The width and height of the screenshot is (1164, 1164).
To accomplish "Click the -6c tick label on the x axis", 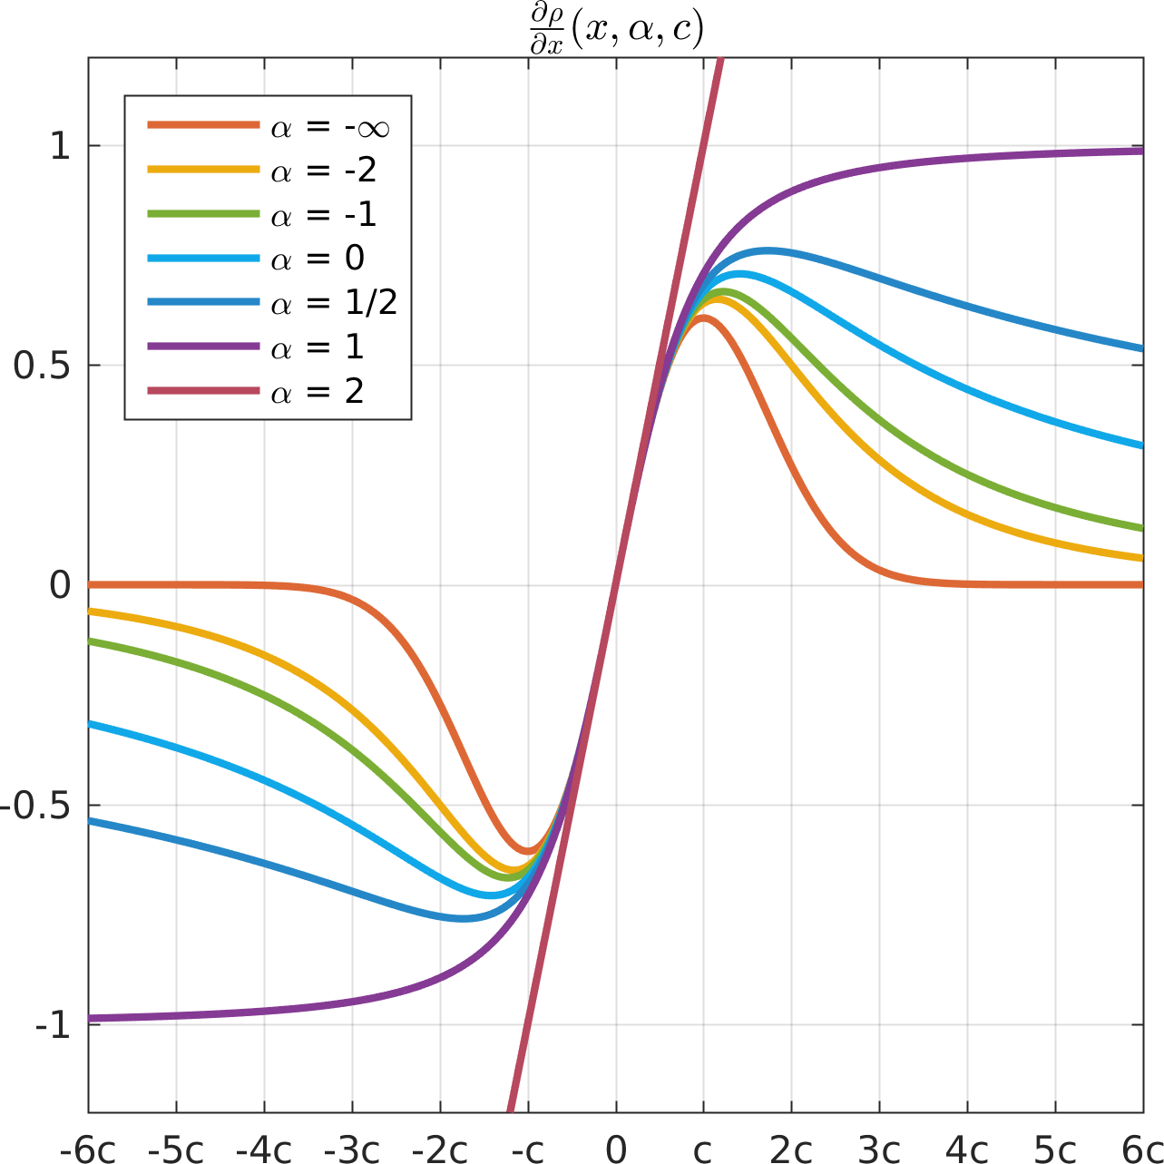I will coord(88,1149).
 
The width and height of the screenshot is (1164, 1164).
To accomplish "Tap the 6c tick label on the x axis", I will coord(1141,1149).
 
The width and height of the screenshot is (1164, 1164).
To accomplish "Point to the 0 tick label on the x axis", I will coord(616,1149).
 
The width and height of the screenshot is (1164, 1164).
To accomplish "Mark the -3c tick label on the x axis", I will coord(352,1149).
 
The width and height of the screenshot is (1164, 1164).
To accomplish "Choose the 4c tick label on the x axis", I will coord(966,1149).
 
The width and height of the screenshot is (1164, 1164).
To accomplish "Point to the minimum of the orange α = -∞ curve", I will coord(528,851).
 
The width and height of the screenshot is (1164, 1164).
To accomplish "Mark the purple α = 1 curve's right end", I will coord(1141,152).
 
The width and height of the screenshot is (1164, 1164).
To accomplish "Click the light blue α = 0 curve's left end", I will coord(90,724).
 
